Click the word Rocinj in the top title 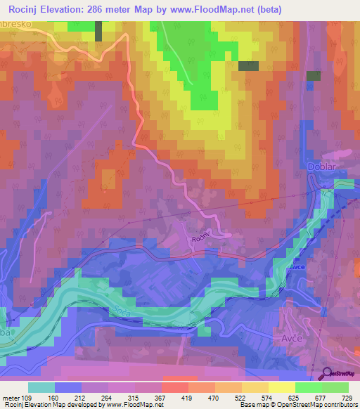[x=28, y=9]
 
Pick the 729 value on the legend [x=347, y=396]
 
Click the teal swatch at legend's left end [x=41, y=387]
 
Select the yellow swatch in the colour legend [x=281, y=387]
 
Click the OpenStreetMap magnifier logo [x=328, y=375]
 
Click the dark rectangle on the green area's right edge [x=248, y=66]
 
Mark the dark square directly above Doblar [x=314, y=76]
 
